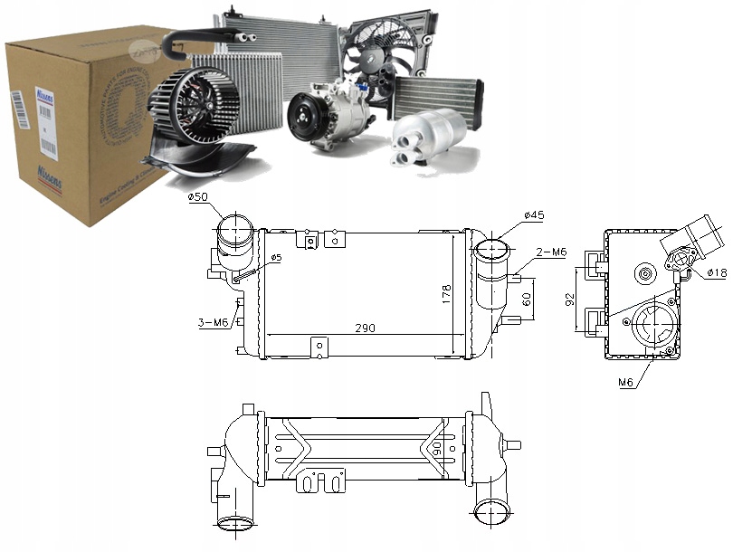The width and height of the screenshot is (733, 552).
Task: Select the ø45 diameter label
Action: pyautogui.click(x=533, y=215)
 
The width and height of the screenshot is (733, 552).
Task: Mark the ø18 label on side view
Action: pyautogui.click(x=716, y=271)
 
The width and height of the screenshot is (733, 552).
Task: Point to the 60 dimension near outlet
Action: pyautogui.click(x=525, y=300)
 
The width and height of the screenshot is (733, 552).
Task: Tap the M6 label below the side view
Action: pyautogui.click(x=625, y=383)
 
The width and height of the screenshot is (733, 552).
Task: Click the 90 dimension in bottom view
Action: pyautogui.click(x=439, y=448)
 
